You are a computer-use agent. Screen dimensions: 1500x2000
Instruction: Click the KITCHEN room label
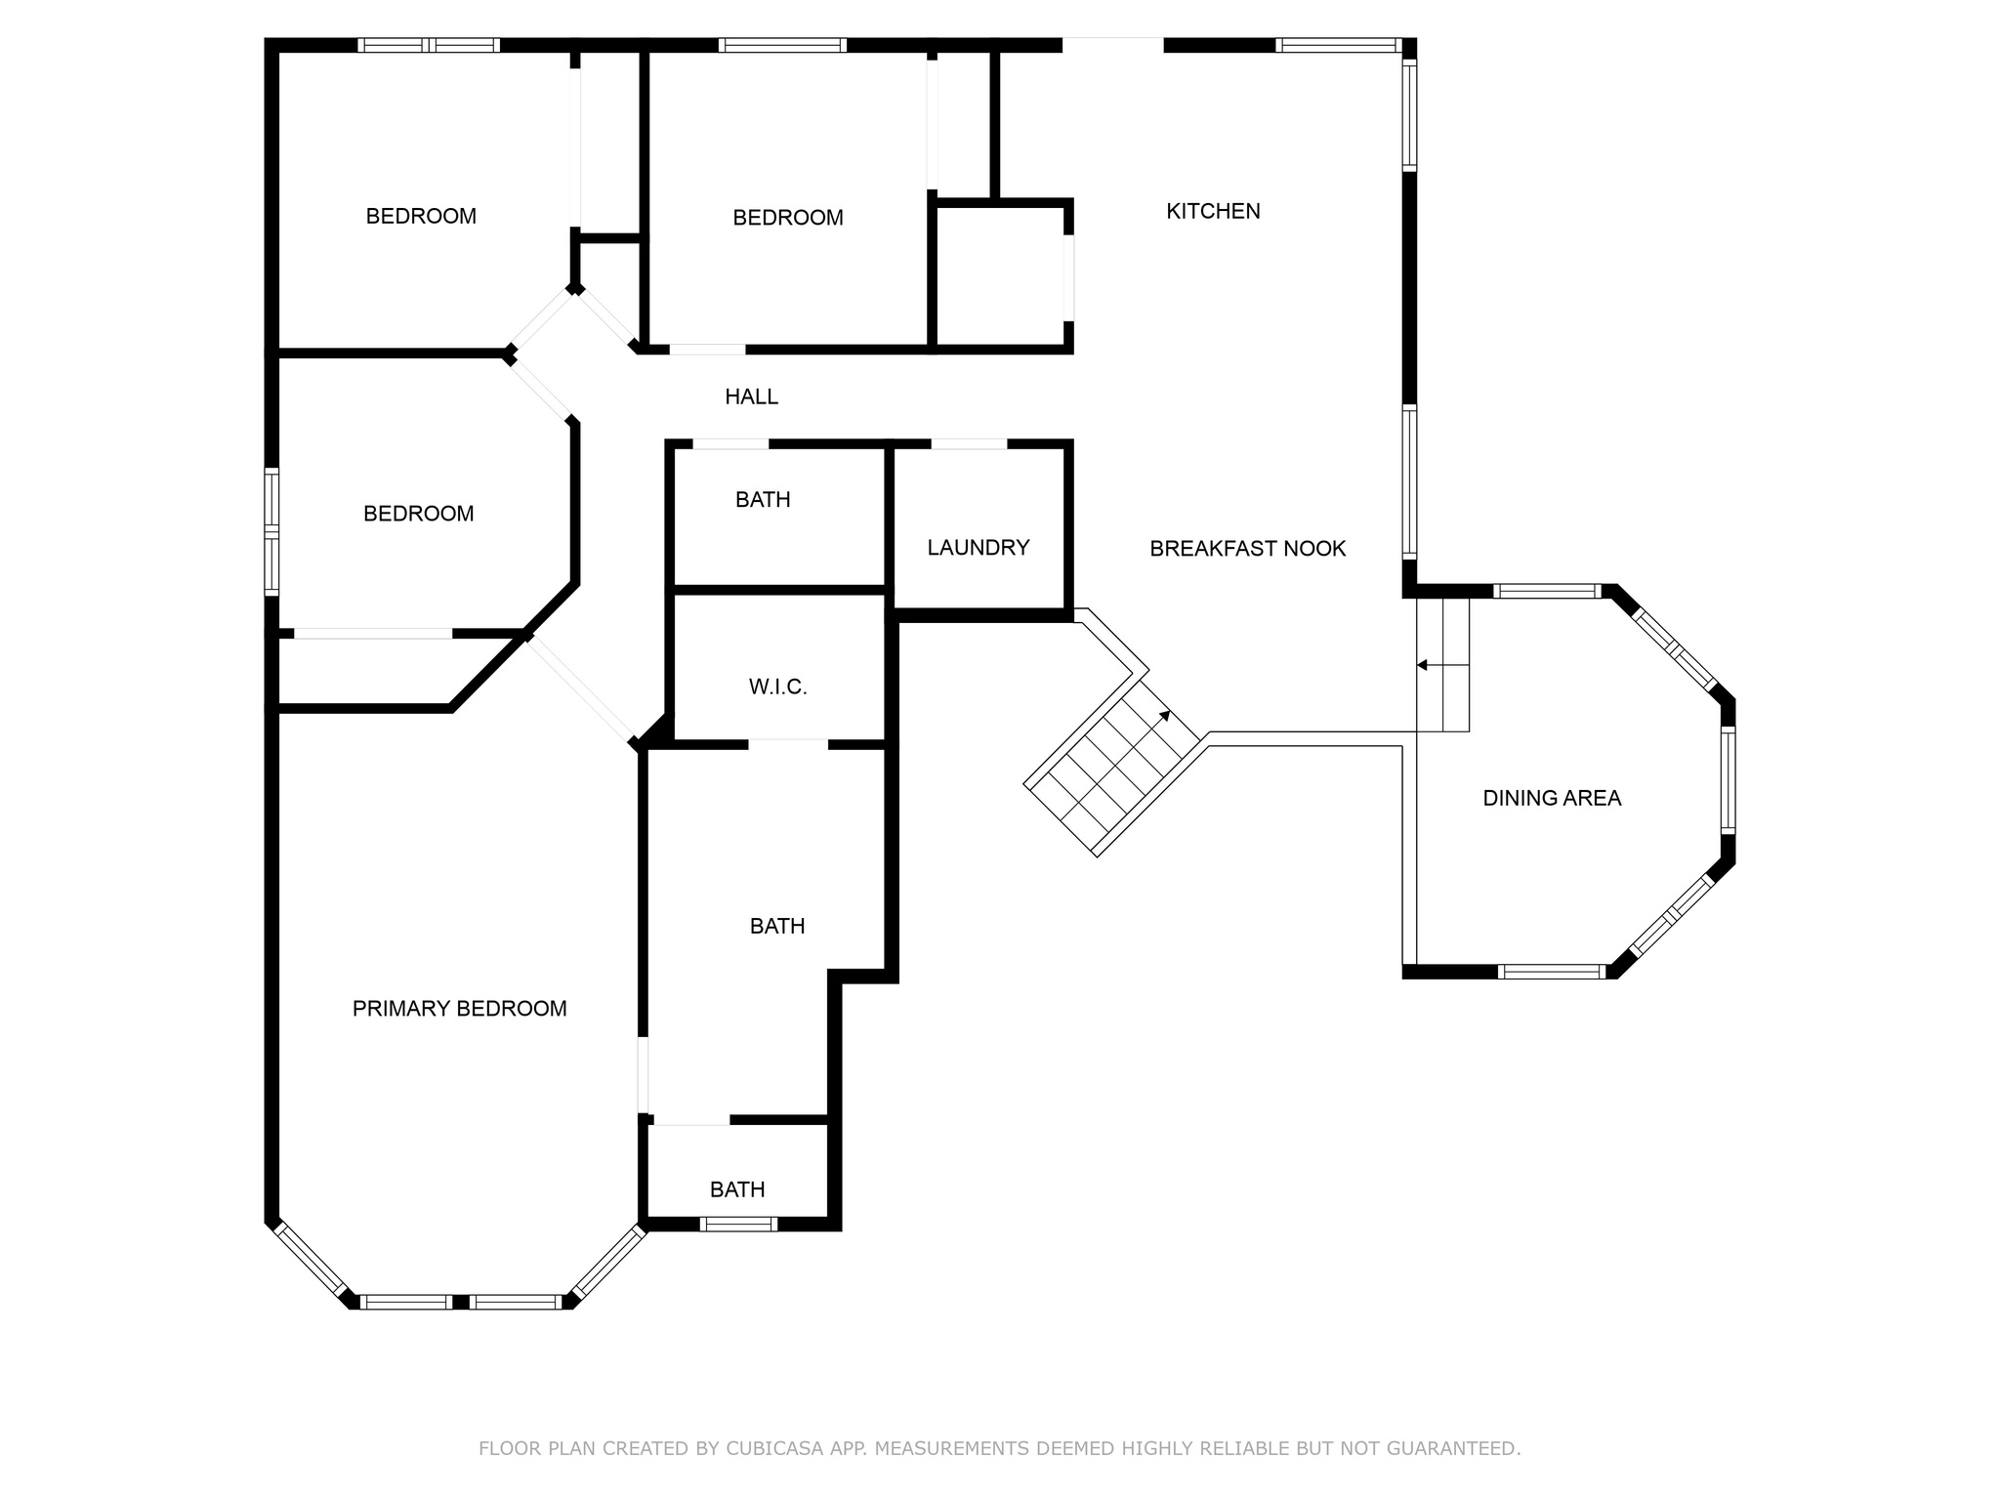(x=1213, y=211)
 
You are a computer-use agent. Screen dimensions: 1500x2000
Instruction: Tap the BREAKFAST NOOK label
(x=1247, y=549)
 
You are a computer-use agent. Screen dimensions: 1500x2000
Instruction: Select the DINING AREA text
(x=1551, y=798)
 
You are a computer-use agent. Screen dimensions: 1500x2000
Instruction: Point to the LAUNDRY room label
(x=978, y=548)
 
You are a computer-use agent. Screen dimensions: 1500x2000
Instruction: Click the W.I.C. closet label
(x=777, y=687)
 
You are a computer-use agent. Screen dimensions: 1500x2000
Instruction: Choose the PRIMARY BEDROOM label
(x=459, y=1009)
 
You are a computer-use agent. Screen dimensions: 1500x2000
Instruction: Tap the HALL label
(x=751, y=396)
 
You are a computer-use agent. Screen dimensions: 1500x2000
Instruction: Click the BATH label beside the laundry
(x=762, y=500)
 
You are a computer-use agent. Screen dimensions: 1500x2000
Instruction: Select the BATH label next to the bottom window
(x=736, y=1189)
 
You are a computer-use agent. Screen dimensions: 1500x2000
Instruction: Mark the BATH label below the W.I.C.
(x=776, y=926)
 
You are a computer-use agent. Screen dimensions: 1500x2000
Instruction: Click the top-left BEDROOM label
(x=421, y=217)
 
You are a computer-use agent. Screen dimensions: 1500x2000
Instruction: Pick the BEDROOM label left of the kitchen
(x=787, y=218)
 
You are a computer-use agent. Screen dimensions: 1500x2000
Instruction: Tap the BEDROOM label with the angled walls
(x=418, y=514)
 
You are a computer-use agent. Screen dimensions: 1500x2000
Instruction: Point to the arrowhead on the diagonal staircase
(x=1165, y=716)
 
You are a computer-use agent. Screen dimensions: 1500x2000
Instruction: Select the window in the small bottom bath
(x=738, y=1224)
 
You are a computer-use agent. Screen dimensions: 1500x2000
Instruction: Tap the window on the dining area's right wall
(x=1728, y=779)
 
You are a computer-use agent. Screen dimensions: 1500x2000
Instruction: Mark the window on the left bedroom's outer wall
(x=272, y=531)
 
